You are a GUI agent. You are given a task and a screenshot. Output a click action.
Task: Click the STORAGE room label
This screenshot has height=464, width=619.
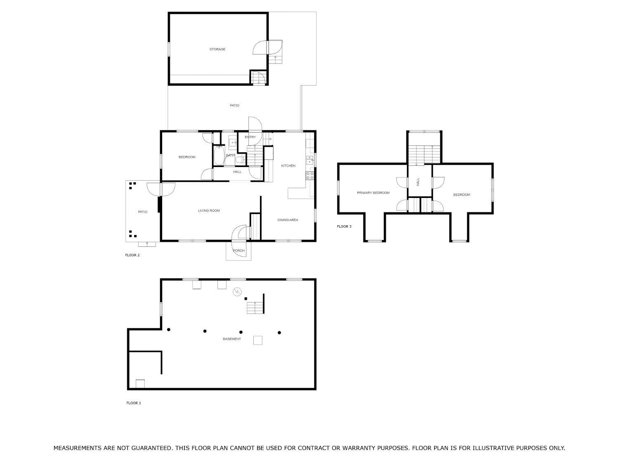pyautogui.click(x=217, y=49)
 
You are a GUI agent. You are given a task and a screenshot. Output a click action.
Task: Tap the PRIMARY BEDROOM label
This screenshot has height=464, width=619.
pyautogui.click(x=373, y=193)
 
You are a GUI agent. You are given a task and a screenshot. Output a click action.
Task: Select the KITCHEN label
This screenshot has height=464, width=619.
pyautogui.click(x=288, y=166)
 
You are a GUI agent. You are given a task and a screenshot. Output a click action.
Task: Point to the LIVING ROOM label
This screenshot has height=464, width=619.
pyautogui.click(x=209, y=210)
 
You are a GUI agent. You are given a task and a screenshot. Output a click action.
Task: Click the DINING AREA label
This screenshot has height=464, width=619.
pyautogui.click(x=288, y=220)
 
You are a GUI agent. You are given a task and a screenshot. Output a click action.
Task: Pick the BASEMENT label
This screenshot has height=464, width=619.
pyautogui.click(x=232, y=339)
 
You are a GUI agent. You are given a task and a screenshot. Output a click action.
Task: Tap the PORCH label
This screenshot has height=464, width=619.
pyautogui.click(x=239, y=251)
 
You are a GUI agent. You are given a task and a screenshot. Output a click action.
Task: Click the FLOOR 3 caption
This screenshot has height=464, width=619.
pyautogui.click(x=344, y=226)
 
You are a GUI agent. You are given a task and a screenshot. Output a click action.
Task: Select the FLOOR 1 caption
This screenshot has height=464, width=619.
pyautogui.click(x=134, y=403)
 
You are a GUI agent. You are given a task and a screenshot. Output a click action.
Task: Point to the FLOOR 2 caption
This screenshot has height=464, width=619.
pyautogui.click(x=132, y=255)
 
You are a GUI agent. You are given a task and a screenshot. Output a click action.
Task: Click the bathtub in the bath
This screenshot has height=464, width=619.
pyautogui.click(x=219, y=155)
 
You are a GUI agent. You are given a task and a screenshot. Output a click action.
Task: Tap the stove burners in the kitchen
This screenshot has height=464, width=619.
pyautogui.click(x=309, y=176)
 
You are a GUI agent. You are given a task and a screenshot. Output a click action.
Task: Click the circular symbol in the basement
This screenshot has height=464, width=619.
pyautogui.click(x=237, y=292)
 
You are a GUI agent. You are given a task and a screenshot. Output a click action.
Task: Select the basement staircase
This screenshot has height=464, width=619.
pyautogui.click(x=255, y=308)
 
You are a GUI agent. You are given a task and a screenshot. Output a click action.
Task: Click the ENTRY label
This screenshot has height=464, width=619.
pyautogui.click(x=250, y=137)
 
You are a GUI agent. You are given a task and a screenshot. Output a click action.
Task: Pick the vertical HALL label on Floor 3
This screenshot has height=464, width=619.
pyautogui.click(x=418, y=181)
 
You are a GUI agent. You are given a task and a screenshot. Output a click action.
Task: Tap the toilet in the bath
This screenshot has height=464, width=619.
pyautogui.click(x=241, y=160)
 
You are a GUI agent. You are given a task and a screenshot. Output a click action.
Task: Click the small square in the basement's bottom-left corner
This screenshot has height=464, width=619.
pyautogui.click(x=140, y=384)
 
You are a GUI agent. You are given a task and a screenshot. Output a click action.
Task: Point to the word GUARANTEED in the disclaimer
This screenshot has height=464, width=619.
pyautogui.click(x=153, y=448)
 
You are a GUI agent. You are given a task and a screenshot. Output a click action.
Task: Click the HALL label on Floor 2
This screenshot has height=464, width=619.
pyautogui.click(x=237, y=172)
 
